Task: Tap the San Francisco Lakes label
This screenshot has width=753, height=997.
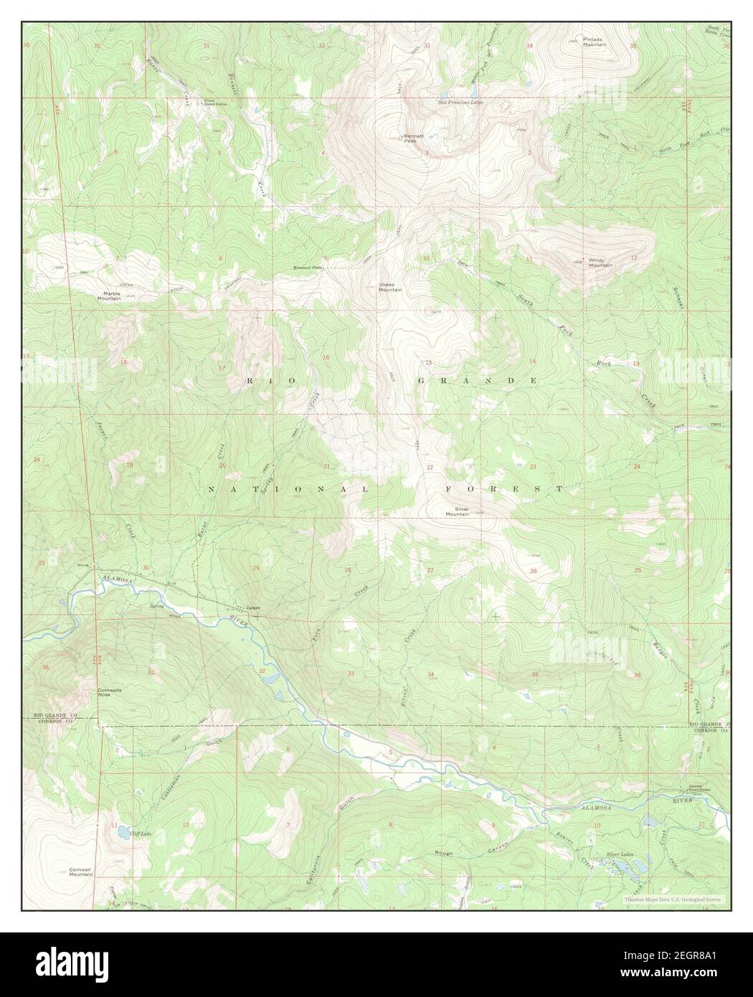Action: click(x=460, y=103)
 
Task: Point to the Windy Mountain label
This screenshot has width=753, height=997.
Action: click(x=600, y=263)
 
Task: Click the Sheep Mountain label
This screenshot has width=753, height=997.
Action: click(x=390, y=287)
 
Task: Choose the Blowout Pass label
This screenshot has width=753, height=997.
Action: click(x=308, y=268)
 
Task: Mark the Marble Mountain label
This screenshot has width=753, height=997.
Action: click(x=111, y=296)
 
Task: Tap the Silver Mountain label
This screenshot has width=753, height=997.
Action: click(x=457, y=511)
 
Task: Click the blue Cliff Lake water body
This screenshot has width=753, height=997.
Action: click(x=120, y=833)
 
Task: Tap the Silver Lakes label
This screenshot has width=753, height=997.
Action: click(x=621, y=854)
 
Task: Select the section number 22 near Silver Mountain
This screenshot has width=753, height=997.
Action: click(x=430, y=468)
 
